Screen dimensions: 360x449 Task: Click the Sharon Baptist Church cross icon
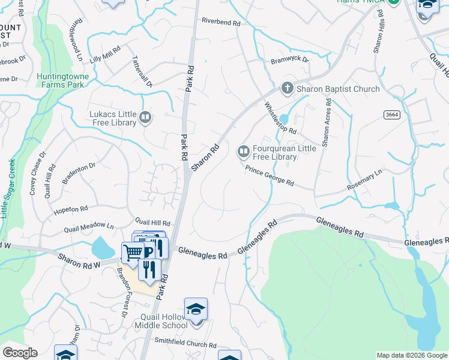(287, 89)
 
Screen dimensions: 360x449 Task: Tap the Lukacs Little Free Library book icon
(145, 117)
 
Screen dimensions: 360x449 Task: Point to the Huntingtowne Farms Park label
(62, 80)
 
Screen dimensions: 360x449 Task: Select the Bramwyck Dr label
(289, 60)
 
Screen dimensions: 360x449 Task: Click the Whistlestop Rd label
(281, 118)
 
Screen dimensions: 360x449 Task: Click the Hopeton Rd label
(71, 209)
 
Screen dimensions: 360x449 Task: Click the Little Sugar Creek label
(7, 188)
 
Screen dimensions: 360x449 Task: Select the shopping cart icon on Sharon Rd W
(132, 252)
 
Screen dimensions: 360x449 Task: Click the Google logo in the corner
(20, 353)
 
